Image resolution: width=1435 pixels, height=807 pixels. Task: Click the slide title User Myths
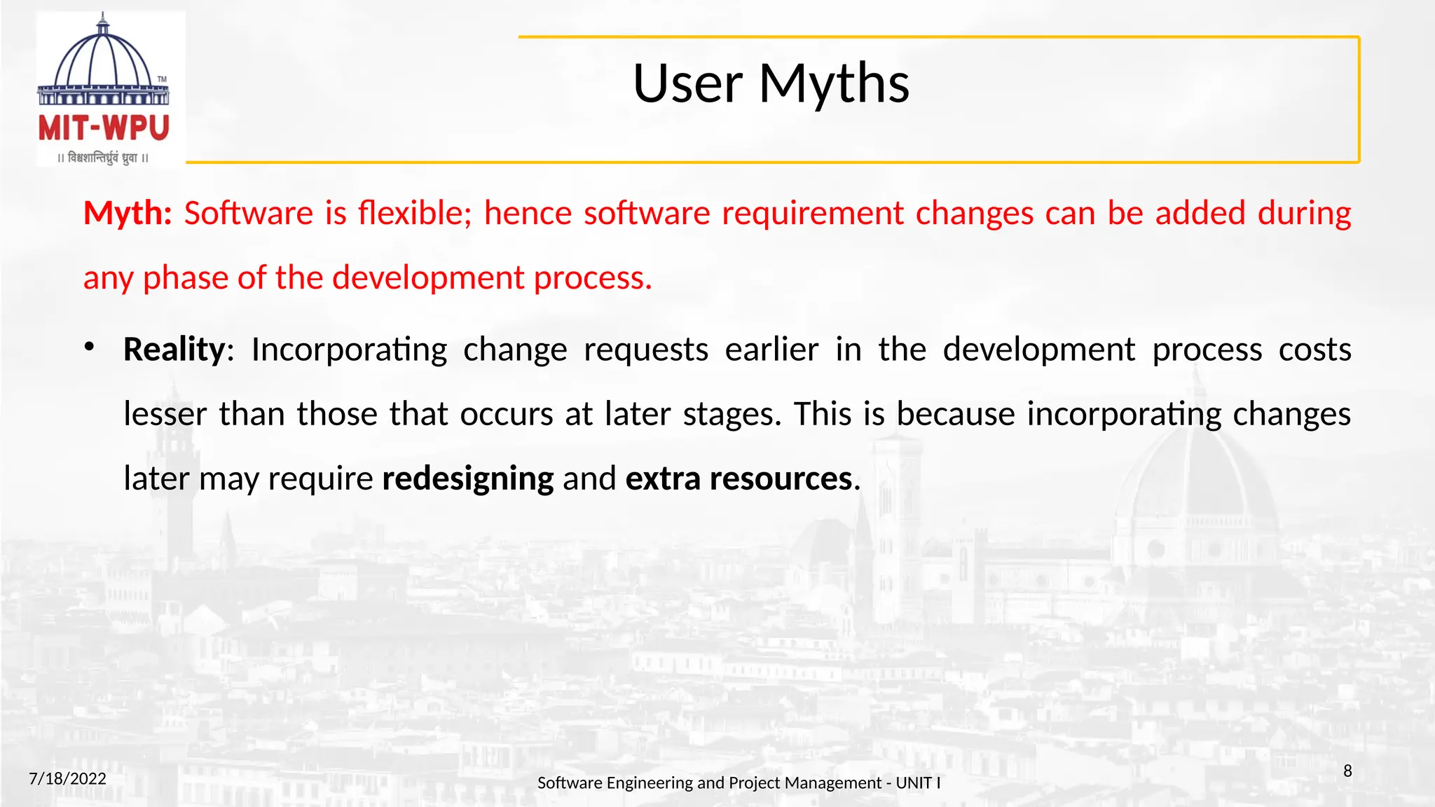(771, 84)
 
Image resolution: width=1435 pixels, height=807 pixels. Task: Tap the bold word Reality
(174, 350)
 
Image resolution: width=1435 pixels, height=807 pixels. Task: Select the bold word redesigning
(468, 479)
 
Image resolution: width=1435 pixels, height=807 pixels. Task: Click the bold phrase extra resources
(739, 479)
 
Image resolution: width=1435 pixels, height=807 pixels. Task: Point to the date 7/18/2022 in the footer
(67, 779)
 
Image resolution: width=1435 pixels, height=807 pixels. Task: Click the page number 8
(1347, 771)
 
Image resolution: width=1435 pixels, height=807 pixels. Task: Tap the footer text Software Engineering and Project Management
(708, 783)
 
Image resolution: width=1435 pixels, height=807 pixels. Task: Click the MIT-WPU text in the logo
(104, 129)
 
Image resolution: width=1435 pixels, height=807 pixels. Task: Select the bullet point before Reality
(89, 347)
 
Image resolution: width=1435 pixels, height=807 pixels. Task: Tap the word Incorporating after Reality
(349, 350)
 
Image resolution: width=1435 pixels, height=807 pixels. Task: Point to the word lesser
(165, 414)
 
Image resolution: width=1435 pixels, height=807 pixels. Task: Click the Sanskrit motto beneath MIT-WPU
(104, 158)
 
